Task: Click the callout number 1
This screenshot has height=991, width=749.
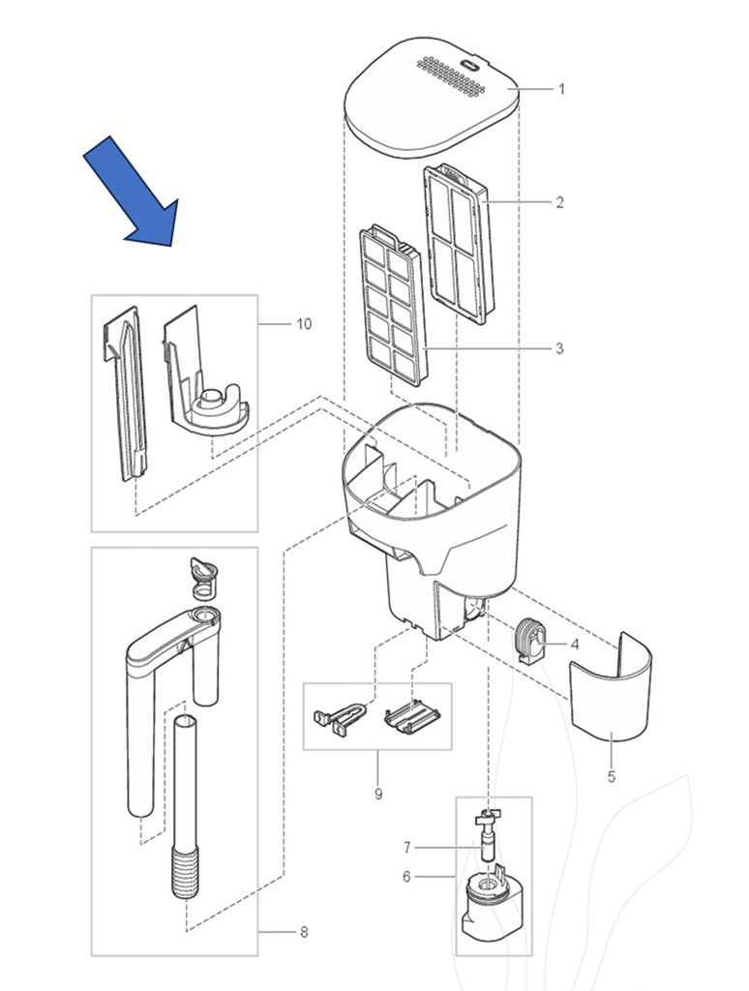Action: [x=561, y=89]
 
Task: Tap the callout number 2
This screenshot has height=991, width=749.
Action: [x=559, y=203]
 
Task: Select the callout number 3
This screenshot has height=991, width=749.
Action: [x=559, y=348]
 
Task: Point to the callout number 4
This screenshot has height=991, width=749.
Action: [x=575, y=644]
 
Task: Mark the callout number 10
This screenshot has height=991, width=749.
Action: [x=304, y=323]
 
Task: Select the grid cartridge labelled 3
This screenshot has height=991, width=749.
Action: [x=391, y=305]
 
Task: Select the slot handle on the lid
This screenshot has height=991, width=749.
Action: [x=471, y=66]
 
